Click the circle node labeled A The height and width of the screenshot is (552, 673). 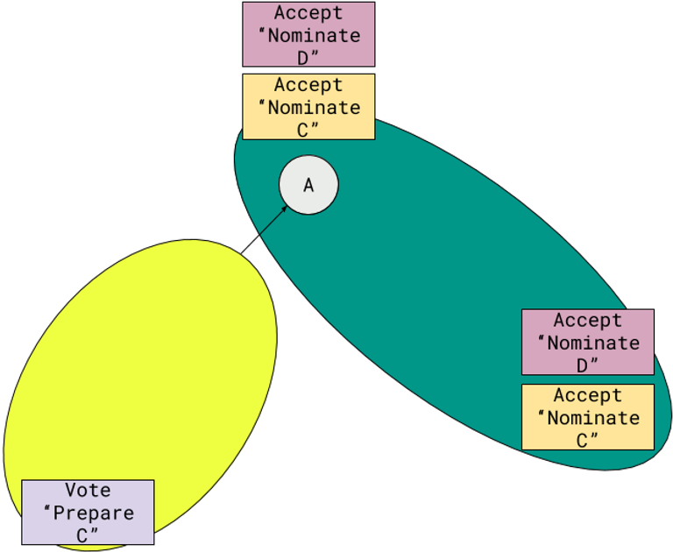(x=308, y=185)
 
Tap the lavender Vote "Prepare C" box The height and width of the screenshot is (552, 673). (x=88, y=513)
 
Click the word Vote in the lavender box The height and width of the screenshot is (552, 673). (x=88, y=491)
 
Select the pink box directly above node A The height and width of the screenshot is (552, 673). (x=308, y=34)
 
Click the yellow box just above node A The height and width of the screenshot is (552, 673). (x=308, y=107)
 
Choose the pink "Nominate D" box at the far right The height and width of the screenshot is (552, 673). (x=587, y=342)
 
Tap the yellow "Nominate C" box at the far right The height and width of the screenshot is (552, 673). (x=587, y=417)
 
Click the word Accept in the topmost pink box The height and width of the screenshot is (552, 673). (x=308, y=13)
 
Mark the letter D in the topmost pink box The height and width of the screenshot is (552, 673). (x=303, y=56)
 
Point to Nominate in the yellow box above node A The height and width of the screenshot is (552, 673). (x=314, y=108)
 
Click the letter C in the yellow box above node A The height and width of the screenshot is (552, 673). (x=303, y=129)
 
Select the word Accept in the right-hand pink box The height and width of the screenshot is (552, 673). (x=587, y=321)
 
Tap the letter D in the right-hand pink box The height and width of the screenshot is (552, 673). (x=582, y=364)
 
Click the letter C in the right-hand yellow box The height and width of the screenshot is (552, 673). (x=582, y=440)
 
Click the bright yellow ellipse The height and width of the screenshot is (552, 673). (x=140, y=368)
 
